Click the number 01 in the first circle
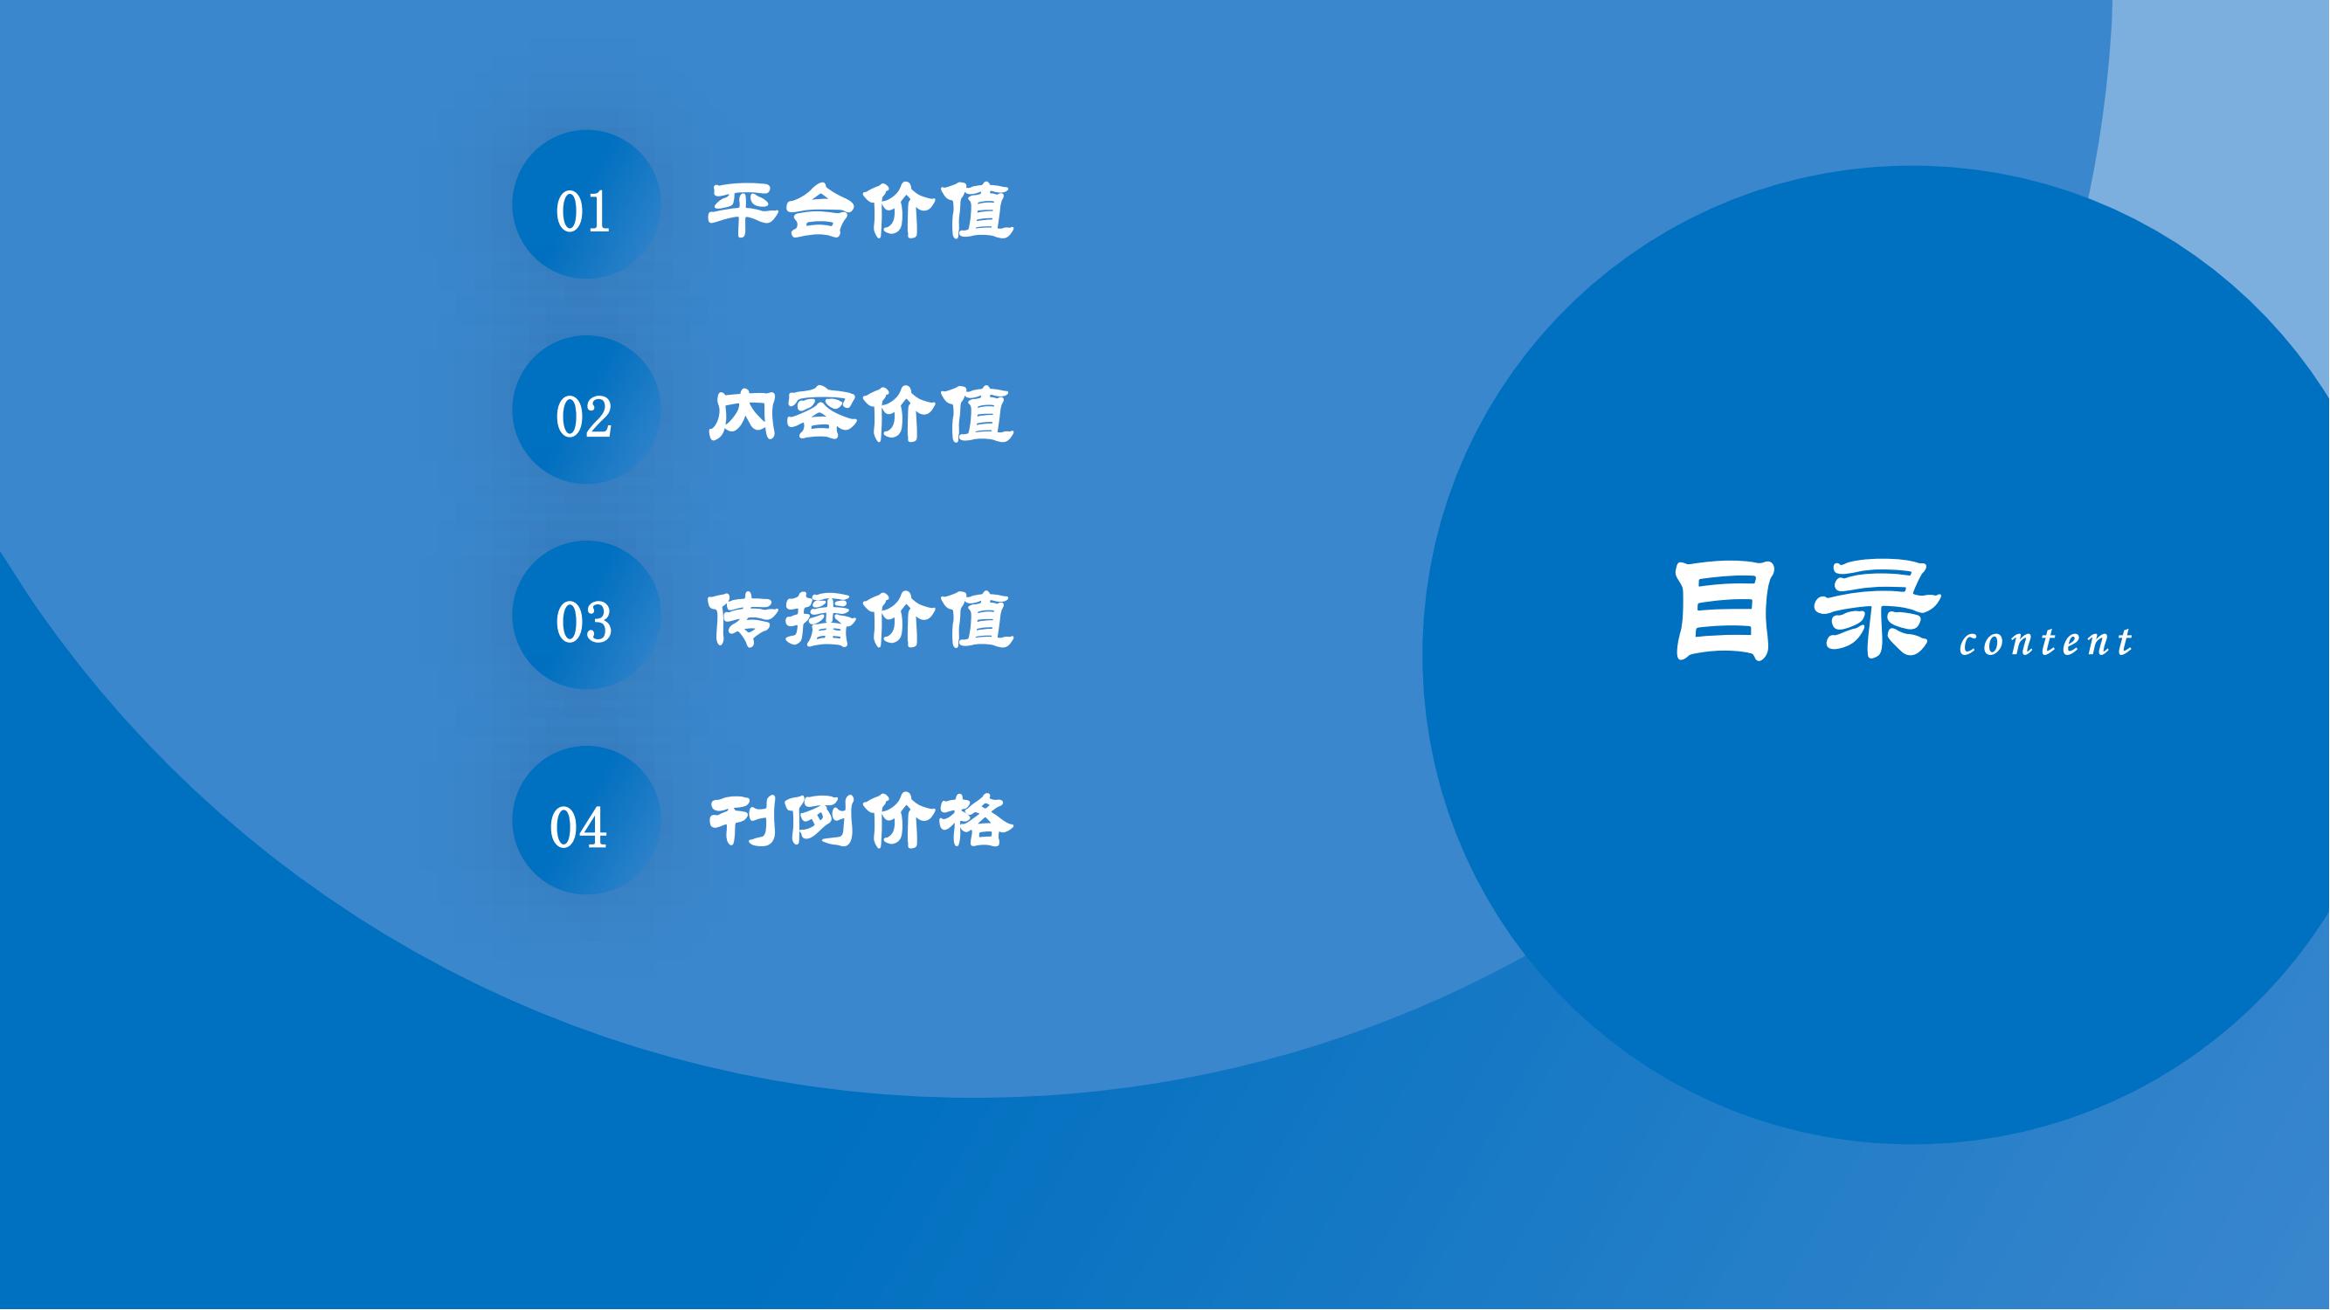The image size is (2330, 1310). [x=583, y=212]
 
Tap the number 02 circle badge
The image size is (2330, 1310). [x=586, y=410]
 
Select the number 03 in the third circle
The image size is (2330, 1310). [x=584, y=623]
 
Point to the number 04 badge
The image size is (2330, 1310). [x=586, y=820]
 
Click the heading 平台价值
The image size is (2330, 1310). [x=861, y=211]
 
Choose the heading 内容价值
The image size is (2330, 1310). [x=861, y=415]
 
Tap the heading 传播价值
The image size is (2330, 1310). [x=861, y=619]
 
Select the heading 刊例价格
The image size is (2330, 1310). [x=861, y=821]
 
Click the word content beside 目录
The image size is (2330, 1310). [x=2046, y=641]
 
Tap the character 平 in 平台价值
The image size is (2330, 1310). [x=743, y=211]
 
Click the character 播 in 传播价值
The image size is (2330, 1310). [x=820, y=619]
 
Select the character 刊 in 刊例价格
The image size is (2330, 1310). [x=743, y=821]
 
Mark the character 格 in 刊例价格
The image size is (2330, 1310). [x=978, y=821]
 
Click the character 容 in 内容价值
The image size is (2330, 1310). [x=821, y=415]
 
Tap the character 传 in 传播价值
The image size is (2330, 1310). [x=743, y=619]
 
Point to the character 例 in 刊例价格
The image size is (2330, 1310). [x=820, y=821]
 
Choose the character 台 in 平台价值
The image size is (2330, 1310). [x=821, y=211]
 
